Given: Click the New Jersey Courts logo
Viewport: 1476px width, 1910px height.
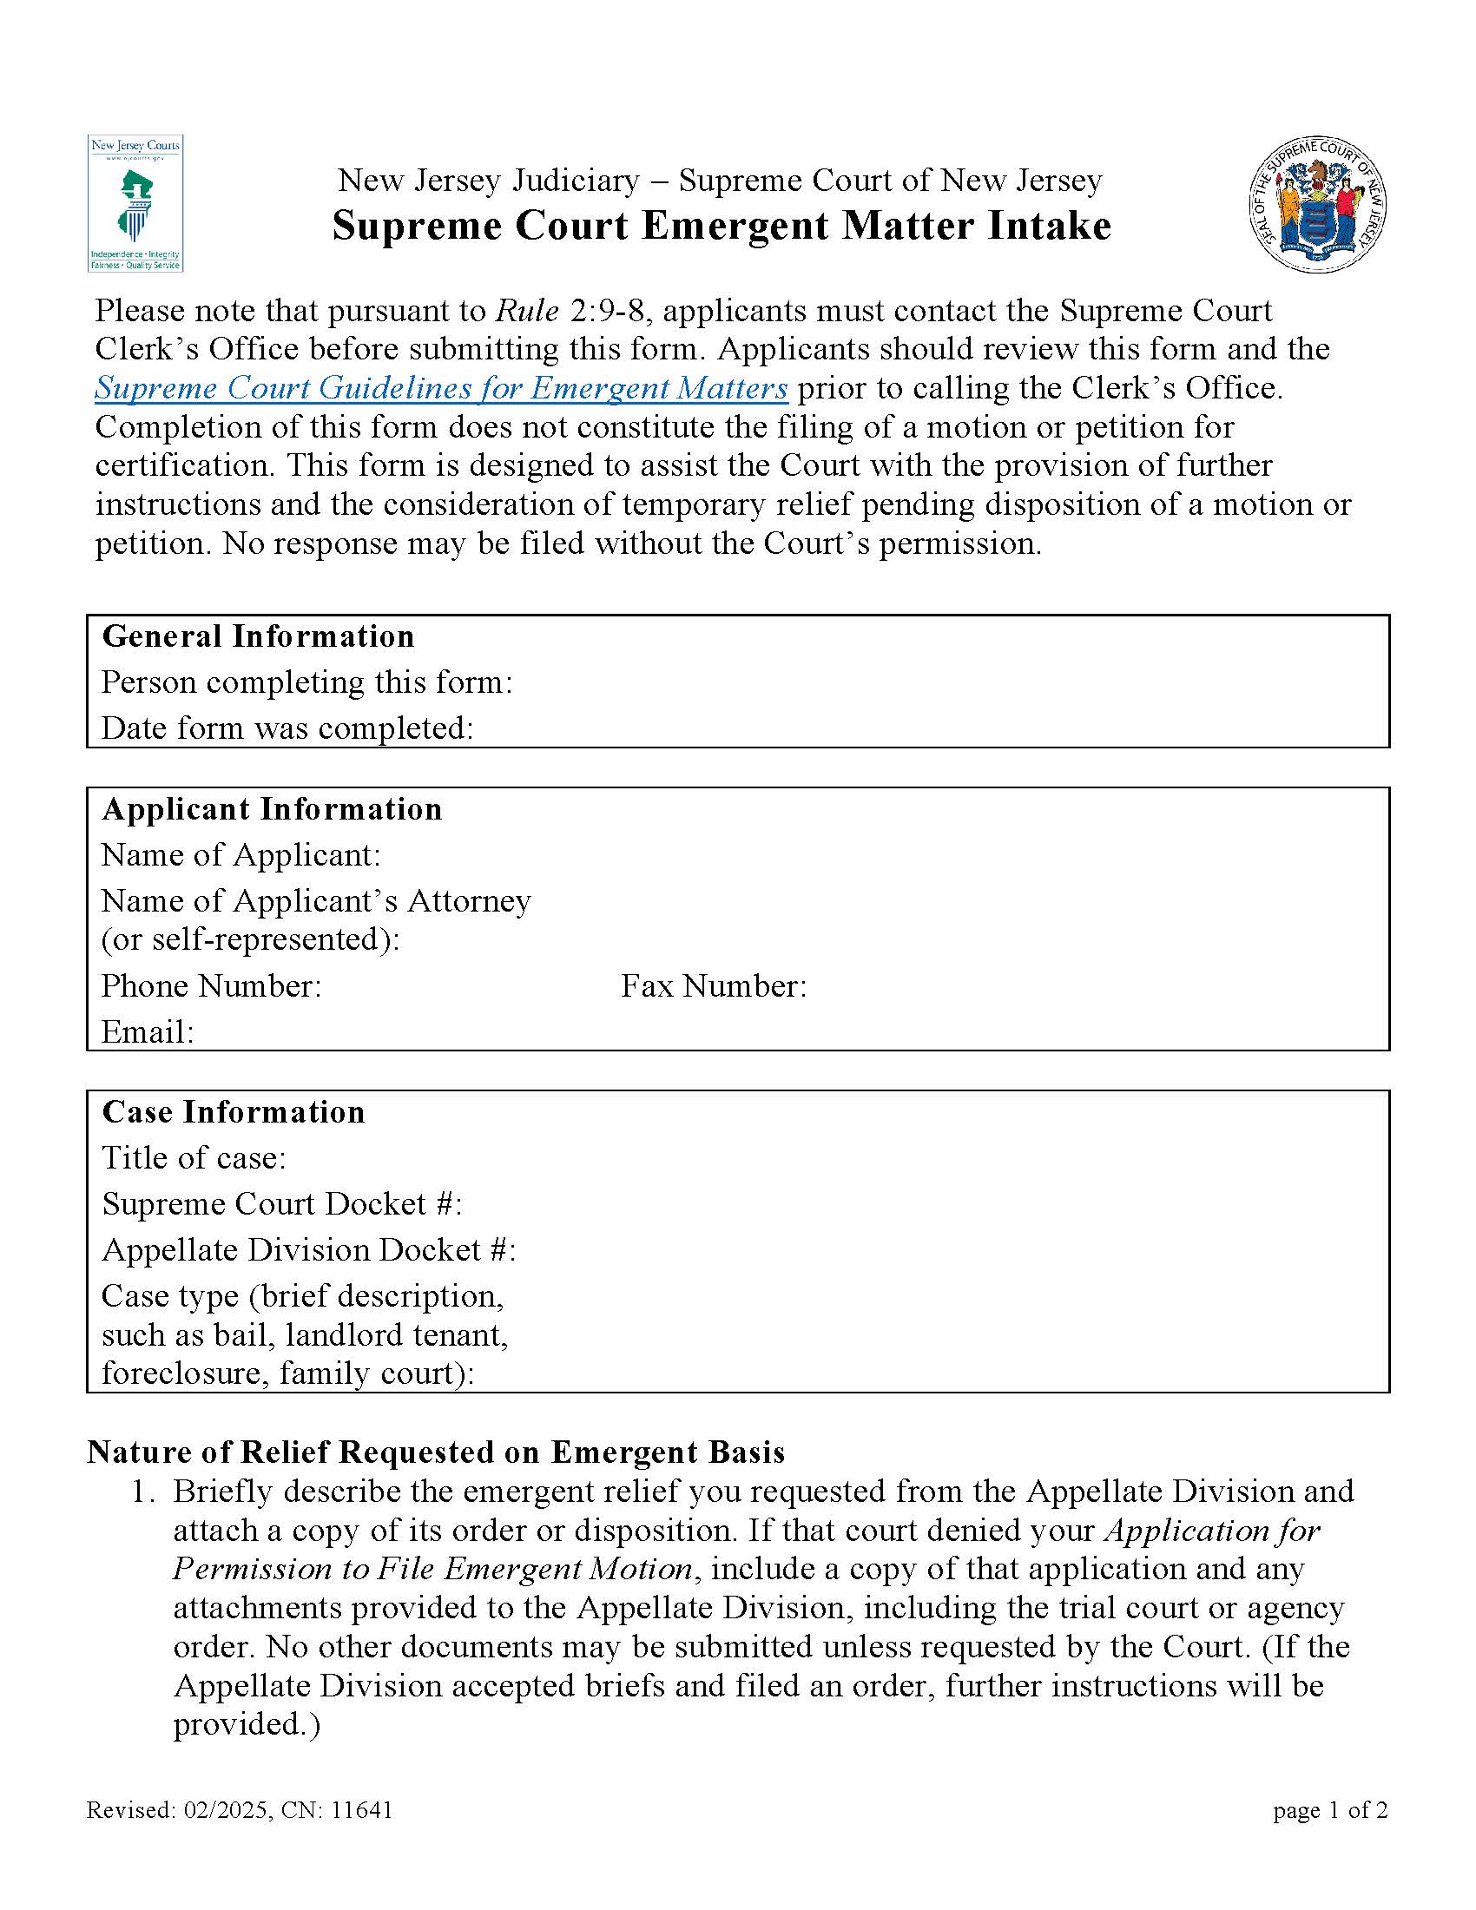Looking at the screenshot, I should (135, 203).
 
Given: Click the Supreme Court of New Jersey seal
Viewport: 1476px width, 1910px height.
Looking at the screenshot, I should (1317, 205).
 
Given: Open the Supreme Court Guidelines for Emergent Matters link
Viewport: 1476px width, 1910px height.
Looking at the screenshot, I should (441, 387).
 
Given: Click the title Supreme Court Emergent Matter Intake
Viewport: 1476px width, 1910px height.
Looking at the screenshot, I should (722, 226).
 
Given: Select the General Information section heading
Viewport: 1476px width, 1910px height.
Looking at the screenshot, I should (258, 636).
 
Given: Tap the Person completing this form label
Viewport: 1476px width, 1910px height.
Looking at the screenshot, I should (306, 682).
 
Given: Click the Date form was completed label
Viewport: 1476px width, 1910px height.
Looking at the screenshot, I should (287, 728).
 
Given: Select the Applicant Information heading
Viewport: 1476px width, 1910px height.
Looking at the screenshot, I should (272, 809).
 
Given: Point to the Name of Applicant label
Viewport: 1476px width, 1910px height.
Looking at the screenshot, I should (241, 854).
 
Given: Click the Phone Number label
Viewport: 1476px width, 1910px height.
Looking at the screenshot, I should (212, 985).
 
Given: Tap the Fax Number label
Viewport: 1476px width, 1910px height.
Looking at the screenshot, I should (714, 985).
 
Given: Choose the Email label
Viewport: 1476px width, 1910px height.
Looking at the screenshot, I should (147, 1032).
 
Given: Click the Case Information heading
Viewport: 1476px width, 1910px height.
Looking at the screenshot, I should (234, 1111).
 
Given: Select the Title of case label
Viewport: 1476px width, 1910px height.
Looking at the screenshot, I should (194, 1158).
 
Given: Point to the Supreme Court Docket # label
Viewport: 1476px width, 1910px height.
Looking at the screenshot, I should (281, 1203).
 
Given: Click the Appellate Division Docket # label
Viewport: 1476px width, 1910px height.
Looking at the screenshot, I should (309, 1249).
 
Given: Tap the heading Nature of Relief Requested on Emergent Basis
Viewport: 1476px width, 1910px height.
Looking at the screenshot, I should (436, 1452).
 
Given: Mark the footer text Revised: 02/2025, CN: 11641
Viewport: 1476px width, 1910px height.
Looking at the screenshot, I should (240, 1809).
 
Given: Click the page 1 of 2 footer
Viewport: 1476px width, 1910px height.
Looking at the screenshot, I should (1330, 1809).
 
